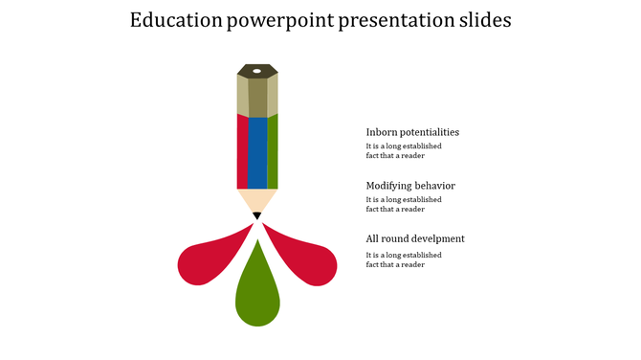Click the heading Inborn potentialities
(412, 132)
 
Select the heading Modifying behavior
(410, 186)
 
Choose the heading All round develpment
(415, 238)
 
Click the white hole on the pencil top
(257, 71)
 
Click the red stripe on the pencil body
(242, 151)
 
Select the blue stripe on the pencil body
(257, 151)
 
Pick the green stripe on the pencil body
(273, 151)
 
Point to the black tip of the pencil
(257, 216)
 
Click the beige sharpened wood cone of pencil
(257, 200)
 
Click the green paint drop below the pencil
(257, 292)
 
